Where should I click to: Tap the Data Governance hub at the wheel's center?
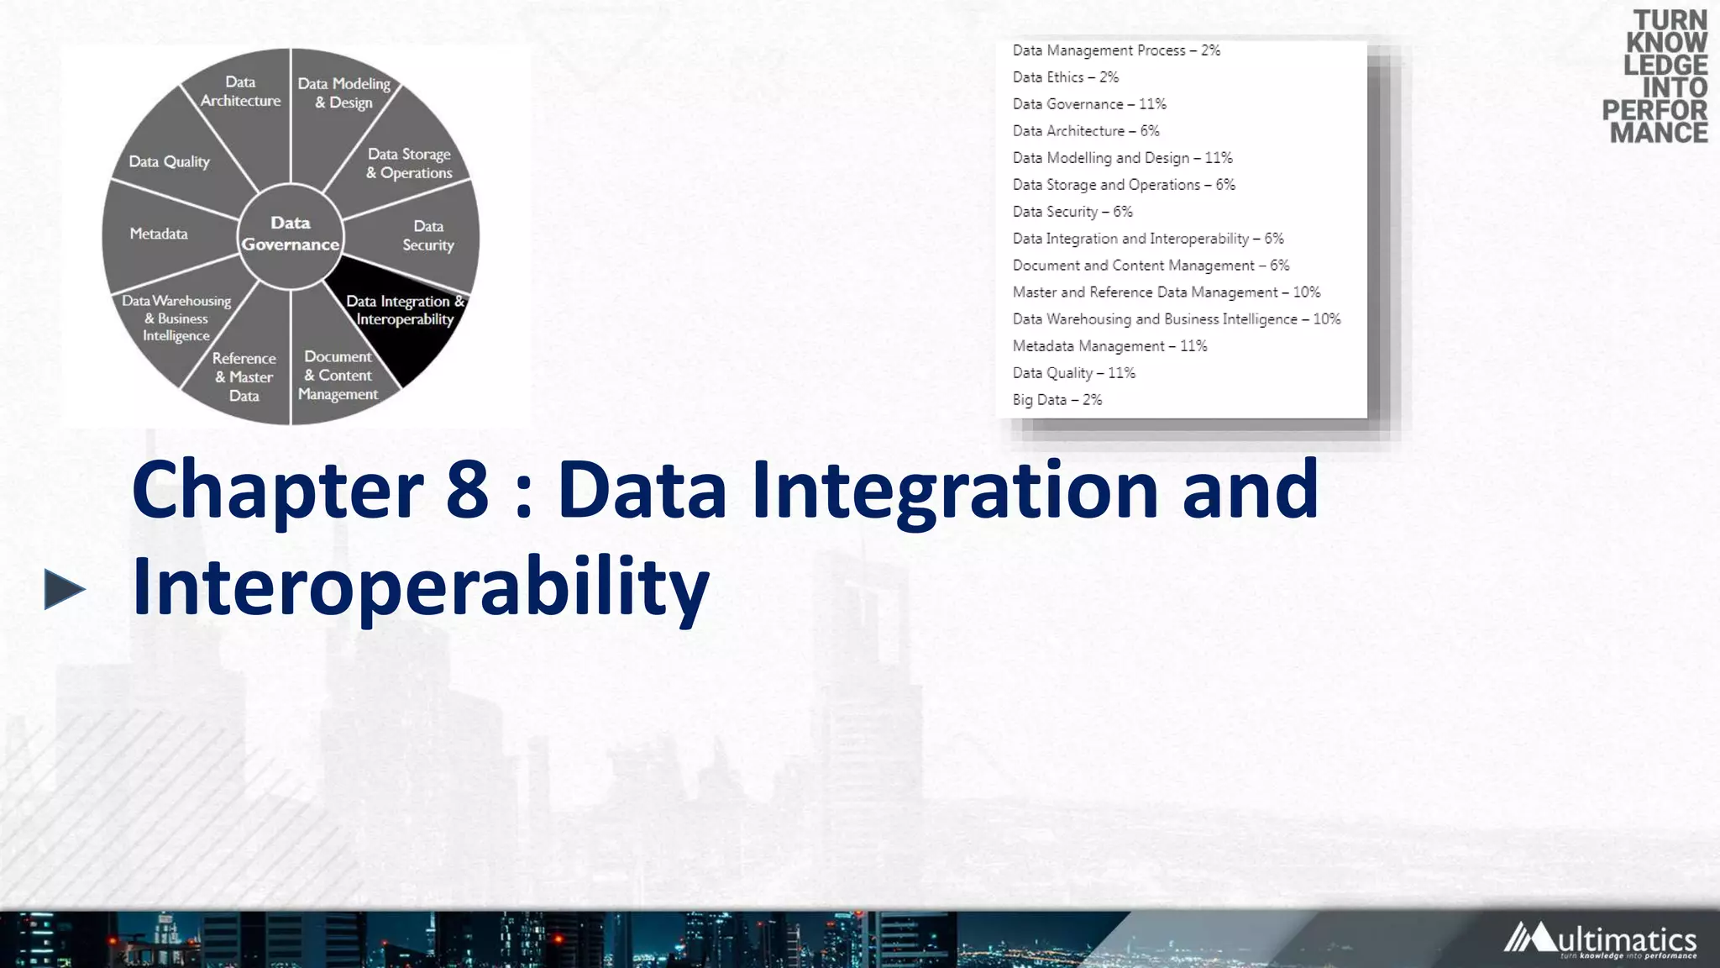(x=291, y=234)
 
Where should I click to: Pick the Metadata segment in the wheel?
(x=159, y=234)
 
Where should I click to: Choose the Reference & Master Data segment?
(x=244, y=376)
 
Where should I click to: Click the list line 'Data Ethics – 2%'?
(x=1065, y=77)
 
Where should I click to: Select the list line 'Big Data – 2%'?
(x=1057, y=400)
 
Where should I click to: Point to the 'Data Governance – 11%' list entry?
(x=1088, y=104)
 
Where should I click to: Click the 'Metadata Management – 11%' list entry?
(x=1109, y=346)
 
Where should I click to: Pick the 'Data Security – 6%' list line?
(x=1072, y=212)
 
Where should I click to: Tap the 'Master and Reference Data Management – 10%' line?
(x=1166, y=292)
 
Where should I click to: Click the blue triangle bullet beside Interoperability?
(x=64, y=589)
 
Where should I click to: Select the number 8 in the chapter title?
(x=467, y=491)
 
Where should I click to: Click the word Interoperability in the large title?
(x=421, y=587)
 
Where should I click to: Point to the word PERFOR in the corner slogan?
(x=1654, y=110)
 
